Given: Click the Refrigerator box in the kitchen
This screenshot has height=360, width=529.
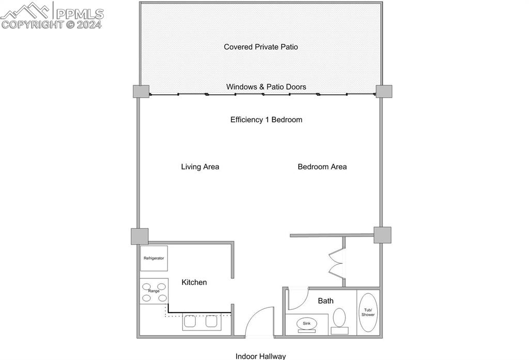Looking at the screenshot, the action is [x=154, y=258].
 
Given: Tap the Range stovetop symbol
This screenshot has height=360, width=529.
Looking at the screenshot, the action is [x=154, y=291].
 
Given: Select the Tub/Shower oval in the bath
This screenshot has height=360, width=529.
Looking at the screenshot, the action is [x=368, y=312].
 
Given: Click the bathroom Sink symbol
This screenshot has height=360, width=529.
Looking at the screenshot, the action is [x=307, y=323].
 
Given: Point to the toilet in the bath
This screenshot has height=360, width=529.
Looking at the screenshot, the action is [x=339, y=321].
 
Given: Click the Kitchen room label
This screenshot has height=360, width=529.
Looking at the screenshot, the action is [x=194, y=283].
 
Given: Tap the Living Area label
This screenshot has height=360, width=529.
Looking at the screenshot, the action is [x=200, y=167].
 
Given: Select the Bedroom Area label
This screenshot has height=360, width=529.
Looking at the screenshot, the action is [x=322, y=167].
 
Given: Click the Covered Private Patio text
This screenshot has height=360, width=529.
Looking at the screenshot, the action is [x=261, y=47].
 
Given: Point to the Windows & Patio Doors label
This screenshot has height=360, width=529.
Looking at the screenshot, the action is [x=266, y=87].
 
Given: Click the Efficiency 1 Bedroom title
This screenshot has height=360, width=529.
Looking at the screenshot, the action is [x=266, y=120].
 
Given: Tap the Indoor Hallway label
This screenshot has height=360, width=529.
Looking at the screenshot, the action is [x=260, y=356].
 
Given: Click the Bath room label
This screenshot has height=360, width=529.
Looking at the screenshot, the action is [x=325, y=301].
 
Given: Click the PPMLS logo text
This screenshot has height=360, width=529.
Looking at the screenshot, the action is [x=80, y=14].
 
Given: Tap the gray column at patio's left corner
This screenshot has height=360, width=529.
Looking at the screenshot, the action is [x=141, y=91].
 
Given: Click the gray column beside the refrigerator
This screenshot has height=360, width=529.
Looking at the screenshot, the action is [x=139, y=237].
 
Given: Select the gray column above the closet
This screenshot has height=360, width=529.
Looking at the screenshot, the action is [x=383, y=235].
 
